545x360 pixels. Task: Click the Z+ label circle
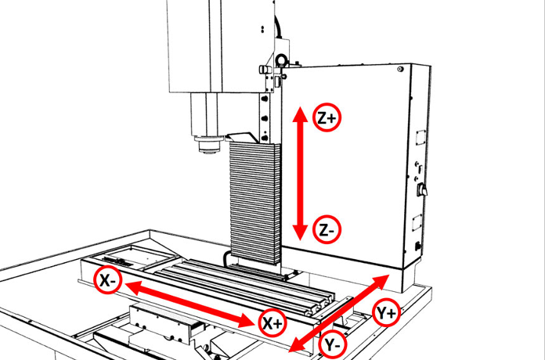(327, 117)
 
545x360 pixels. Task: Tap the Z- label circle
(327, 230)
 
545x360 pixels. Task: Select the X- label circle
(108, 279)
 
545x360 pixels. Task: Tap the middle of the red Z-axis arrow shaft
(298, 174)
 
